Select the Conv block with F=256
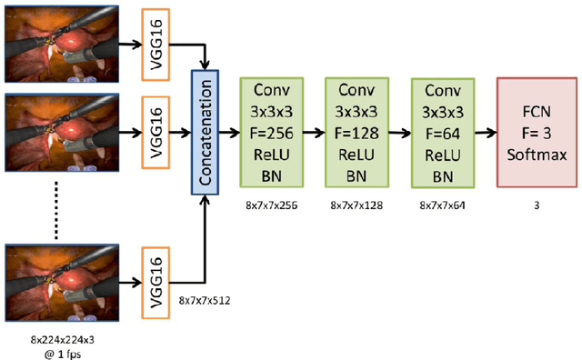(269, 130)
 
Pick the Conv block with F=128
(356, 130)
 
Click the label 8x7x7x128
(356, 206)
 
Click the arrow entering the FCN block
(487, 130)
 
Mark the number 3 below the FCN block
(537, 206)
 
